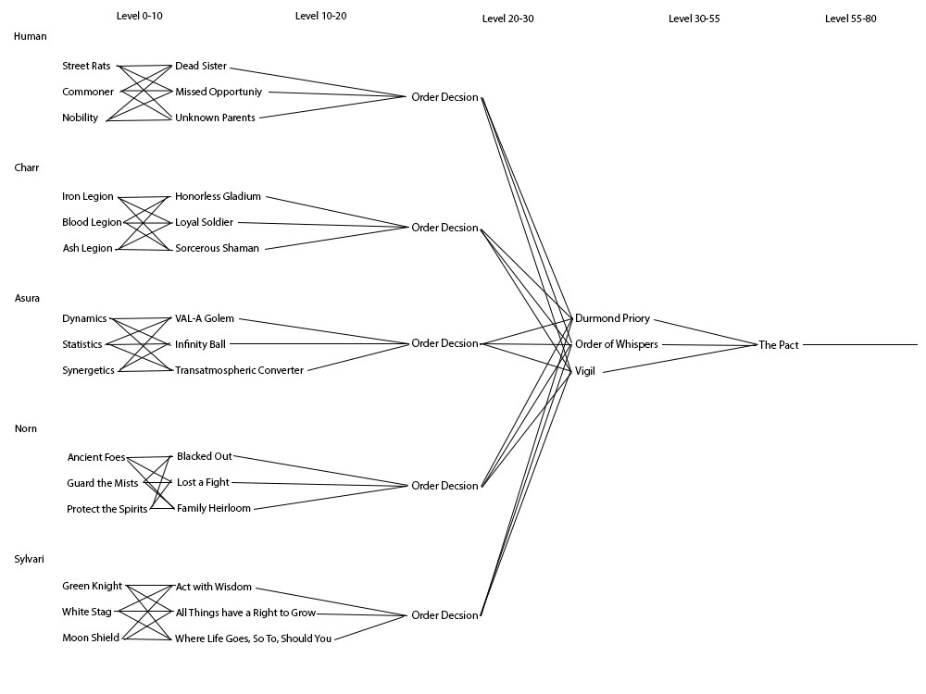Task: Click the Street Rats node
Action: tap(86, 67)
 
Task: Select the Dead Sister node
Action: tap(201, 67)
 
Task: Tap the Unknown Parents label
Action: tap(215, 118)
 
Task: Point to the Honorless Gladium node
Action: tap(218, 196)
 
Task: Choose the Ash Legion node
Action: tap(87, 248)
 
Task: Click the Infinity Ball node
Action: tap(200, 344)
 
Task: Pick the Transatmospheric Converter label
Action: tap(239, 370)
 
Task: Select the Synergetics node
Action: tap(88, 370)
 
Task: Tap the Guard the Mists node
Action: tap(102, 483)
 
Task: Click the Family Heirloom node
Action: tap(213, 508)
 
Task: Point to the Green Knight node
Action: tap(92, 586)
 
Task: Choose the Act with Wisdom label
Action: tap(213, 588)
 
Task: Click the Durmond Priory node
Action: tap(612, 318)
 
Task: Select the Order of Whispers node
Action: tap(616, 344)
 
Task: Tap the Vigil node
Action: tap(585, 370)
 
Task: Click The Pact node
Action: tap(778, 345)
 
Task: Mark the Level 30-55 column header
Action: tap(694, 18)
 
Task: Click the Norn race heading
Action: tap(26, 428)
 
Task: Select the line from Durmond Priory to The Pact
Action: tap(704, 331)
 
